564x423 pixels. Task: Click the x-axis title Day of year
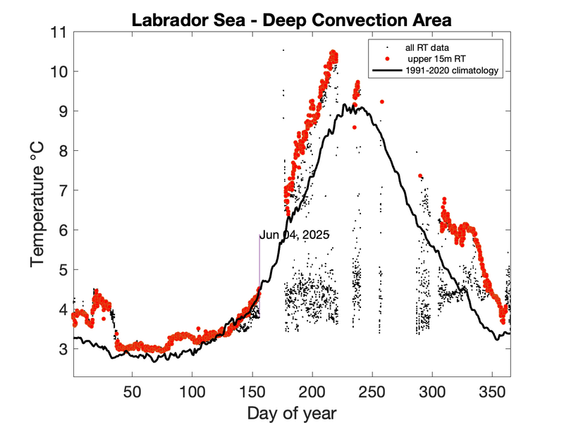click(x=291, y=412)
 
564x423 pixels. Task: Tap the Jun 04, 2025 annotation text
click(x=295, y=235)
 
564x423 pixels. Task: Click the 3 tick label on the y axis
click(x=61, y=349)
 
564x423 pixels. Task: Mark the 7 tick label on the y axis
click(x=61, y=190)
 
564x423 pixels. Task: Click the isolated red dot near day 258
click(x=382, y=102)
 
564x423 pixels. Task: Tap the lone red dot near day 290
click(x=420, y=176)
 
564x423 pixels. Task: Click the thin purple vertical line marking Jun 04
click(x=259, y=275)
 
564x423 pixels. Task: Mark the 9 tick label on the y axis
click(x=61, y=111)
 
